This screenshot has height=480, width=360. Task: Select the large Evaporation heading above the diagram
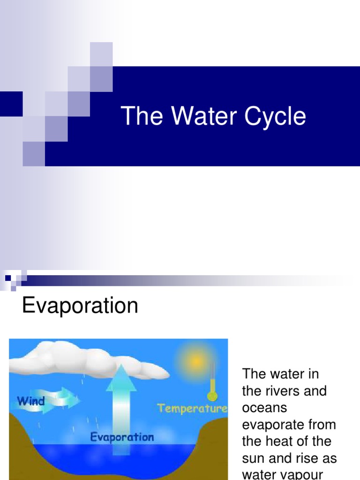coord(80,306)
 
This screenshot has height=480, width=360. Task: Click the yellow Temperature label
coord(192,408)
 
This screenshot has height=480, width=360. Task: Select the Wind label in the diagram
coord(31,401)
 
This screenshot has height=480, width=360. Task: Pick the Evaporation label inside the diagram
coord(121,437)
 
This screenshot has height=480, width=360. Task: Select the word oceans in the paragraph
coord(264,408)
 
